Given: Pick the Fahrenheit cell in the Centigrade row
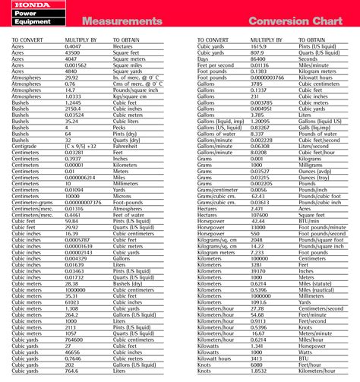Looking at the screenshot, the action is pos(126,125).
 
